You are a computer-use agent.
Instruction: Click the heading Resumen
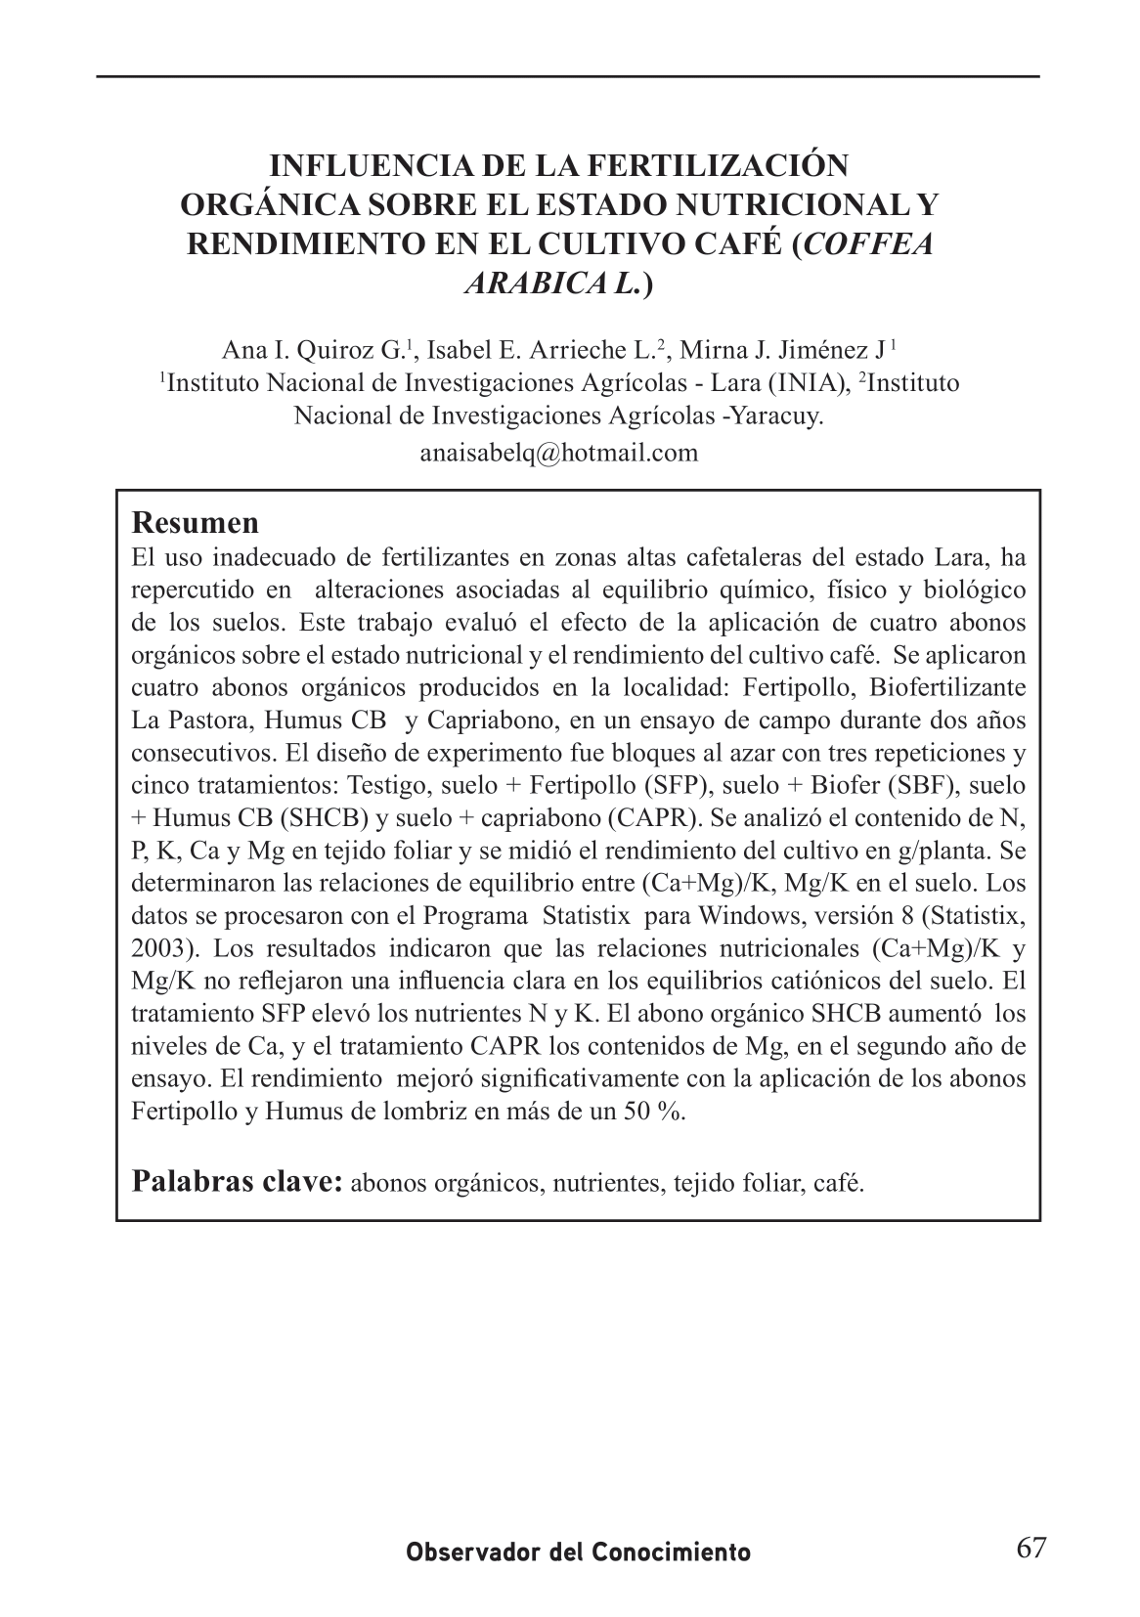pos(195,522)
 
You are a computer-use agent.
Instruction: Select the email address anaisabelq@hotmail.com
pos(558,453)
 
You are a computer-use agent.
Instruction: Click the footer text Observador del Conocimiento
pos(579,1552)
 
